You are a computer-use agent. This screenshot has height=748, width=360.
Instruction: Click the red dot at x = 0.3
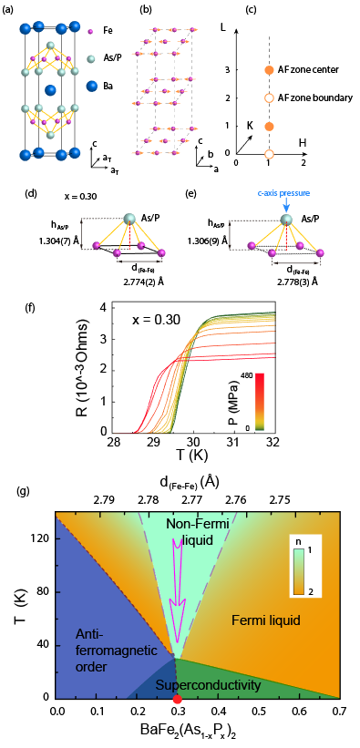pyautogui.click(x=177, y=700)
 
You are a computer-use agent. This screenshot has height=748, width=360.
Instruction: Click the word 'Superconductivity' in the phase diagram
pyautogui.click(x=208, y=685)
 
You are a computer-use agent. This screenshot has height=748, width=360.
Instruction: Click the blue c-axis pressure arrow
pyautogui.click(x=285, y=206)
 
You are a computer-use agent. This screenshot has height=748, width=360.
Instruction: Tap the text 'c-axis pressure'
pyautogui.click(x=286, y=194)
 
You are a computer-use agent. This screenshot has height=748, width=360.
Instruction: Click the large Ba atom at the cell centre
pyautogui.click(x=50, y=89)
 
